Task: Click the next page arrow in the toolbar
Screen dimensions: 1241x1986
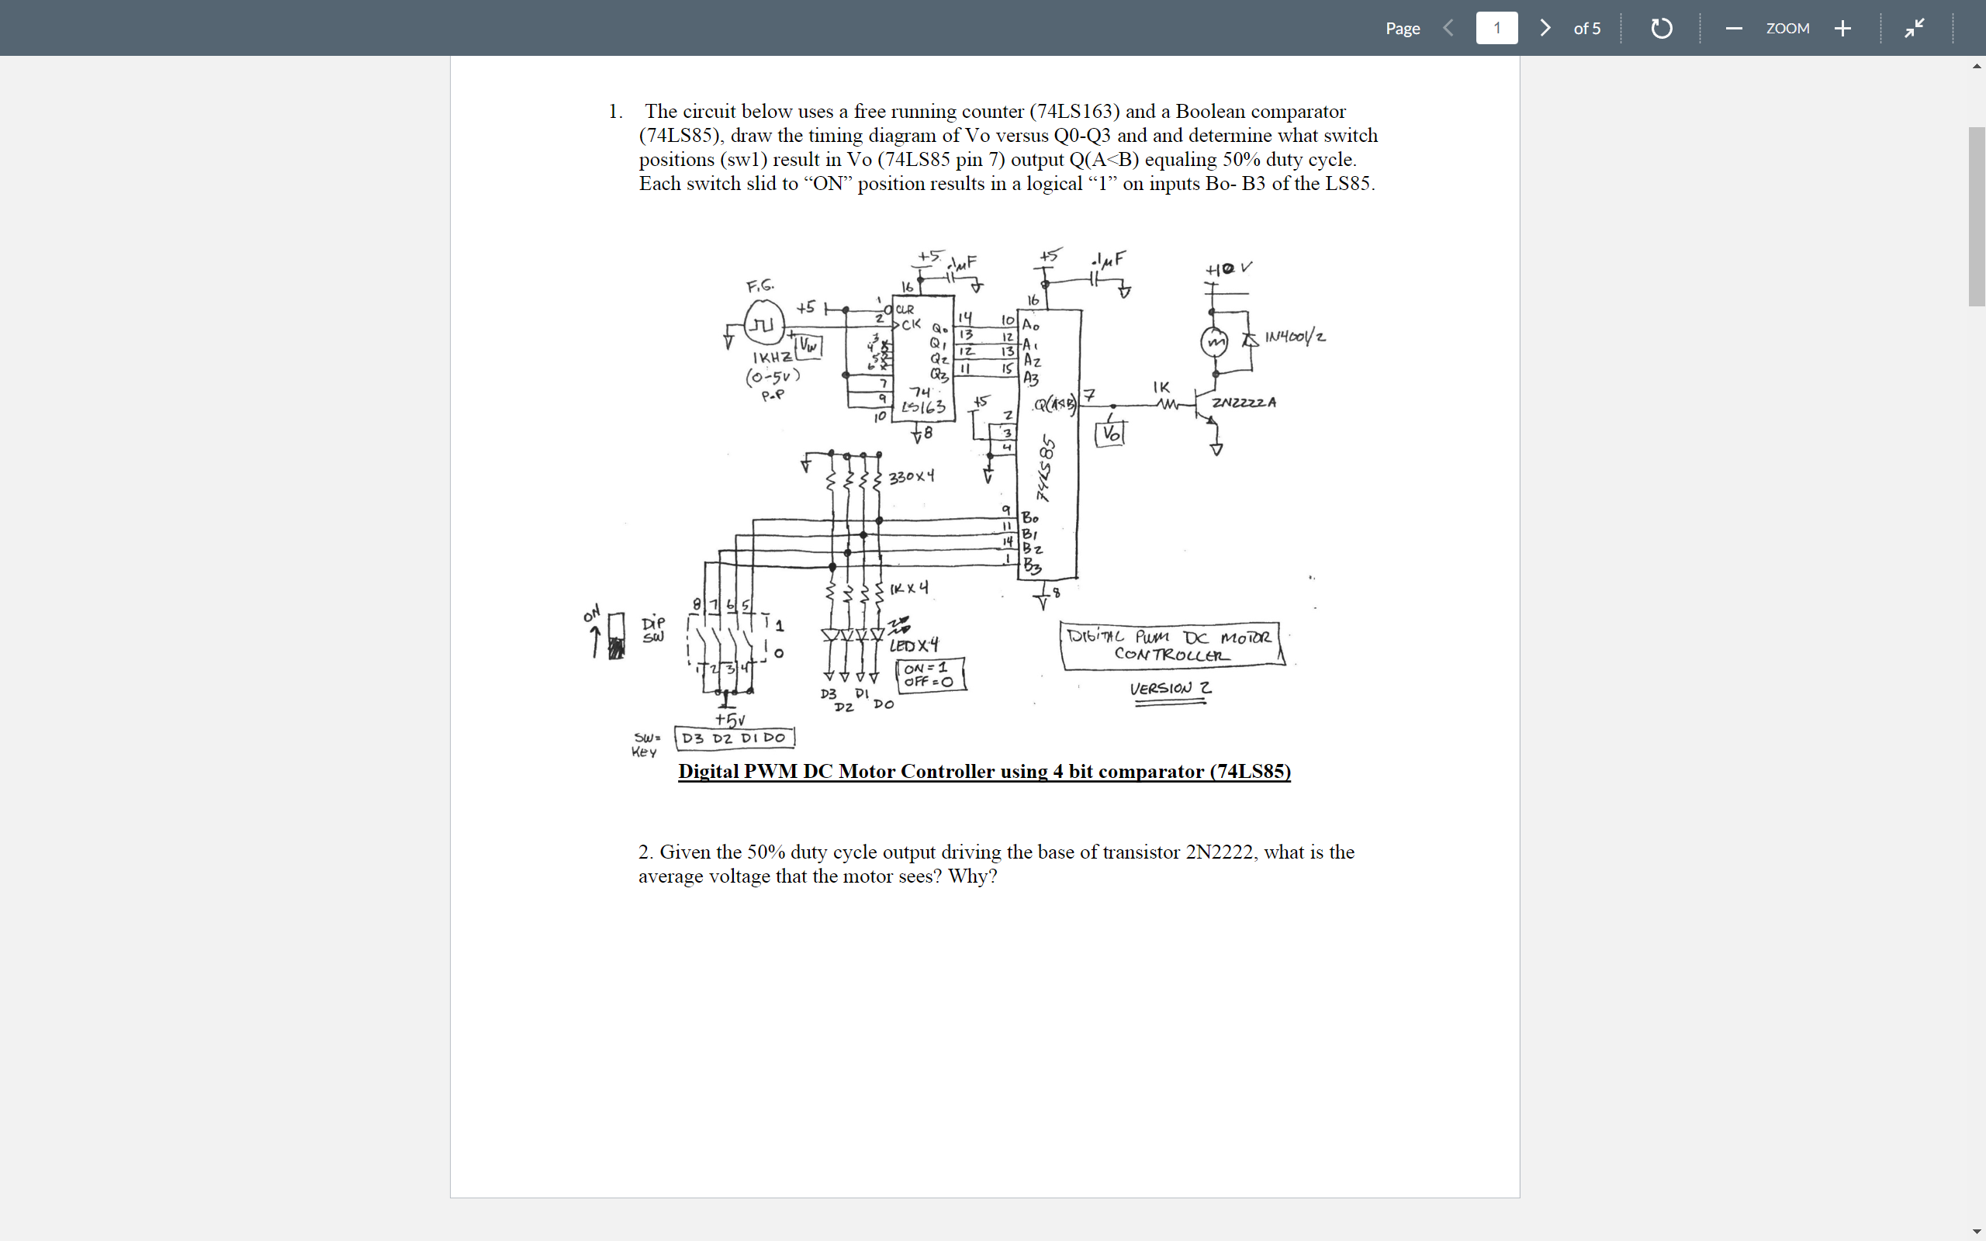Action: click(x=1545, y=28)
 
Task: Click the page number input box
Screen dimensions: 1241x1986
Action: click(x=1496, y=28)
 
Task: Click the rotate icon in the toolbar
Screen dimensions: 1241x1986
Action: click(x=1660, y=29)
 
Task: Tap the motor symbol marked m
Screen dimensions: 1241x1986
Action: click(x=1215, y=340)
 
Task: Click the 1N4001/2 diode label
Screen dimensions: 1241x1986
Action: click(x=1294, y=337)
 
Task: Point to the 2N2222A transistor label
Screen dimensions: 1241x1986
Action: click(x=1244, y=403)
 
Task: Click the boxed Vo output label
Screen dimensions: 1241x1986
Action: click(x=1109, y=434)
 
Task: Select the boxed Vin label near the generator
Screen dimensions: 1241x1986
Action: click(x=809, y=346)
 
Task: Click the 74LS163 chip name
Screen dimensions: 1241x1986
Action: click(x=924, y=400)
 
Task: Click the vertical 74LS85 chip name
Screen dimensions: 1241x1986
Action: click(x=1046, y=468)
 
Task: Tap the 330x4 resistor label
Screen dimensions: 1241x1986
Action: click(x=911, y=476)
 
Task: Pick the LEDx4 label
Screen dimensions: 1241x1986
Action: click(x=913, y=645)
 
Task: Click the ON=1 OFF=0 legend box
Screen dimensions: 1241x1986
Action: click(x=930, y=675)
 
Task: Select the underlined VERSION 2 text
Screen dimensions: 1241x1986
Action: click(x=1169, y=689)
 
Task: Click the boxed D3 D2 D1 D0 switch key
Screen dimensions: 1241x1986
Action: click(x=734, y=737)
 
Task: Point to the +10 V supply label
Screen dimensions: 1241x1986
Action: click(x=1228, y=268)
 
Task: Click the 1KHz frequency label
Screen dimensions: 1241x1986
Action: click(x=771, y=358)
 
